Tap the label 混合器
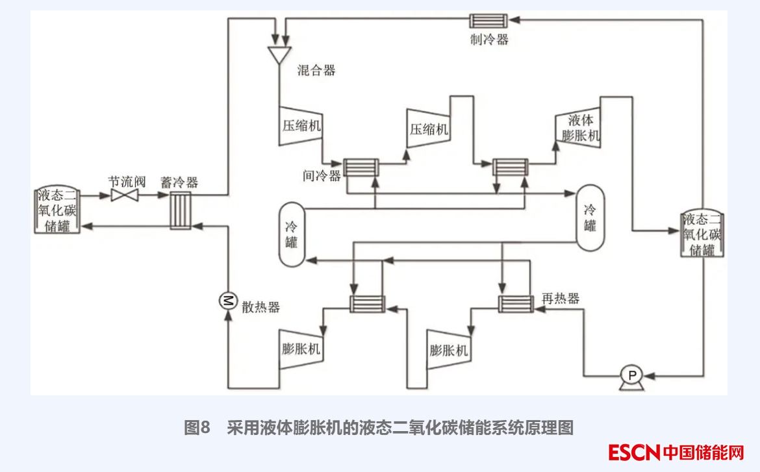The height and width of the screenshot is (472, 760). coord(316,70)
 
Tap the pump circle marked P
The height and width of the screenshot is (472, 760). coord(630,375)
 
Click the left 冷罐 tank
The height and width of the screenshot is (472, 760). coord(292,234)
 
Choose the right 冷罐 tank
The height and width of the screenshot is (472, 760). coord(589,217)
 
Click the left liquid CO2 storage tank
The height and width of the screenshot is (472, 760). coord(57,210)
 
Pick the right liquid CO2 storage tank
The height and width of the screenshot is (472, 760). coord(702,234)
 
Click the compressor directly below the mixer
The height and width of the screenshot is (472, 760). coord(300,125)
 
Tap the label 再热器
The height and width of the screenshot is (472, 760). coord(560,298)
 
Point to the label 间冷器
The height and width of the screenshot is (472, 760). coord(322,175)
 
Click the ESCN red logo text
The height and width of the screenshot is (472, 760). coord(635,452)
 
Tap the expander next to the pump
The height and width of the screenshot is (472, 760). coord(448,351)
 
